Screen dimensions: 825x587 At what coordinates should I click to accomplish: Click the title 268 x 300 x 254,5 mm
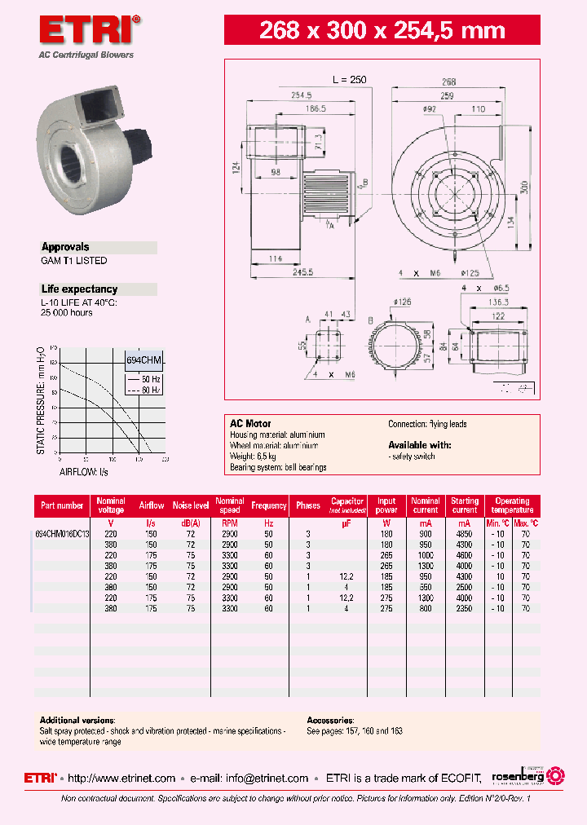tap(382, 31)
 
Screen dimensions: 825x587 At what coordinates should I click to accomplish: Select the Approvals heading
tap(65, 247)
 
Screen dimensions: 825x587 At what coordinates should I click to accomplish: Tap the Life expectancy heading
tap(79, 289)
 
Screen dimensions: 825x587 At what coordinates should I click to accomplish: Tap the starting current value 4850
tap(465, 533)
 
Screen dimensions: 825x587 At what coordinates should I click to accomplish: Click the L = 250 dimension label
tap(349, 80)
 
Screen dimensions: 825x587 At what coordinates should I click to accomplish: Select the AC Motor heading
tap(250, 424)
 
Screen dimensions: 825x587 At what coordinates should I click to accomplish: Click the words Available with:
tap(419, 445)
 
